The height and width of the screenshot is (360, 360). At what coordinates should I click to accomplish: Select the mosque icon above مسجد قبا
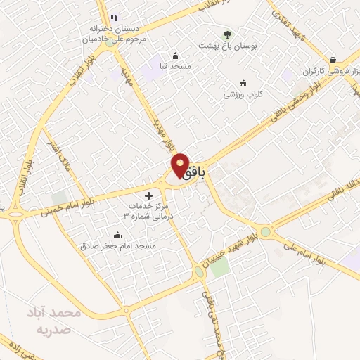tap(175, 56)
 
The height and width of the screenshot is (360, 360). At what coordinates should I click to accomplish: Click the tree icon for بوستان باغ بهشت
tap(227, 34)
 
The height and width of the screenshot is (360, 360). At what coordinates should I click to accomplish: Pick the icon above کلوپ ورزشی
tap(243, 83)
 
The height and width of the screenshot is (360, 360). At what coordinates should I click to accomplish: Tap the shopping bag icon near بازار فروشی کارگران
tap(333, 60)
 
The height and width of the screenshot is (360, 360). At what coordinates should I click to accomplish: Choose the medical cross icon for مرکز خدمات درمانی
tap(148, 195)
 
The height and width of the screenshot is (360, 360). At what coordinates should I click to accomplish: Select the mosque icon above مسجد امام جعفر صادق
tap(117, 236)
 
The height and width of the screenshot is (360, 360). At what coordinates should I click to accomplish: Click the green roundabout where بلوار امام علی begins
tap(265, 231)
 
